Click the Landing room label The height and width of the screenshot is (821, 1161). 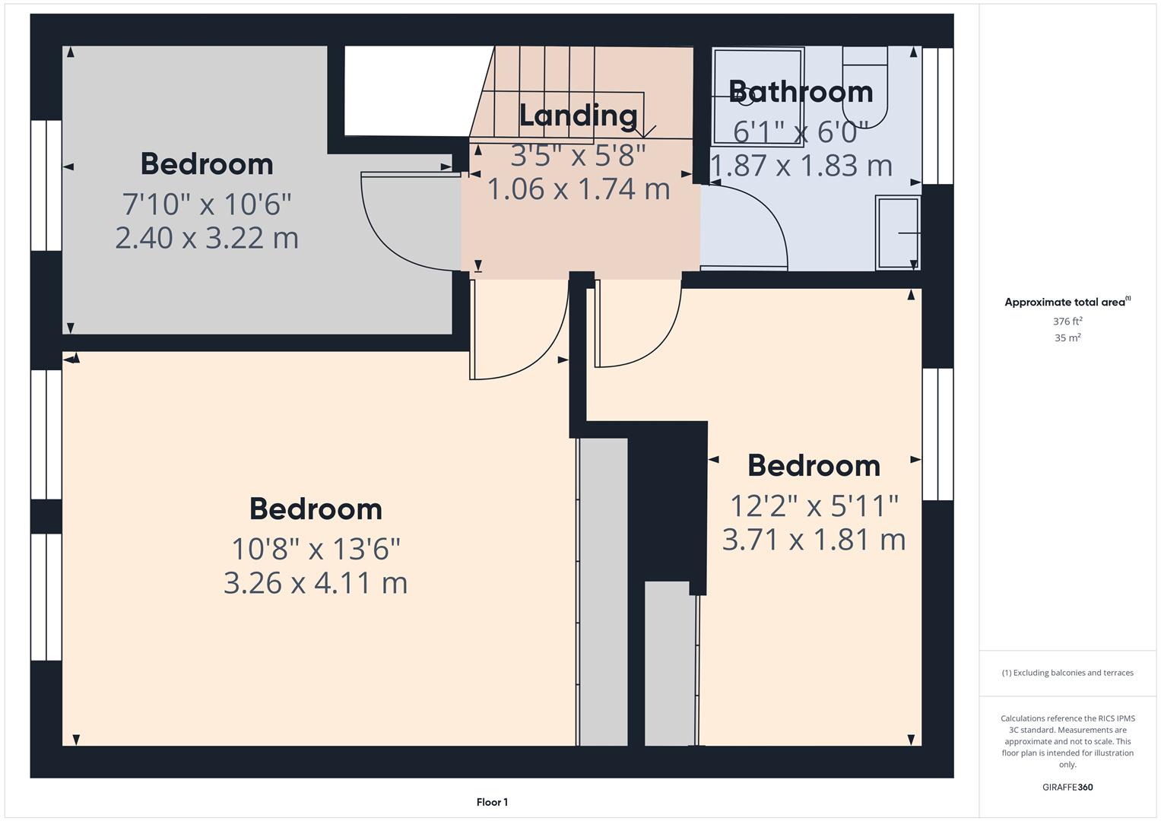point(578,115)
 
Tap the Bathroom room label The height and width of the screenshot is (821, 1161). point(801,91)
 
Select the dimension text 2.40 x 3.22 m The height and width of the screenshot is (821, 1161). point(207,238)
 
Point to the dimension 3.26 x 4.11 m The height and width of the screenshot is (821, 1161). point(316,583)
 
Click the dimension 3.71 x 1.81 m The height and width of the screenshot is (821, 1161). point(814,540)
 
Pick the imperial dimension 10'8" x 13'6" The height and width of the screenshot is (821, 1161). point(316,547)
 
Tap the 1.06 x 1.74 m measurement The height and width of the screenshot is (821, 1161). point(578,189)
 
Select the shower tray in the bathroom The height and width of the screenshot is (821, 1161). point(758,97)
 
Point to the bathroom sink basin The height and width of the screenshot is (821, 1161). point(898,233)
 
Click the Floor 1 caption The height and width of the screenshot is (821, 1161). point(492,802)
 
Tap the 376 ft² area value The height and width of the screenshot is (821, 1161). point(1067,322)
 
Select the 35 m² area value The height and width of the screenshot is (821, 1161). point(1067,338)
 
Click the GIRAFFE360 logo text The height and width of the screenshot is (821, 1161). point(1067,788)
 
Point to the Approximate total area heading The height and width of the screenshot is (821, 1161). point(1067,302)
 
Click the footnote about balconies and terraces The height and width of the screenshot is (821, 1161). point(1067,673)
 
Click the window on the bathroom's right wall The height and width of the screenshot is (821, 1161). point(937,116)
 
